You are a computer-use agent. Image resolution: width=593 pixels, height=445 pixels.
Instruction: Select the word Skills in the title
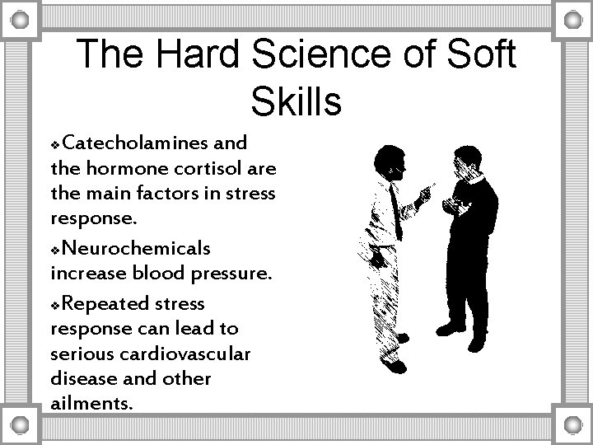click(296, 102)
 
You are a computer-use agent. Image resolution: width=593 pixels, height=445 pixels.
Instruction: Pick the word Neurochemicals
click(136, 248)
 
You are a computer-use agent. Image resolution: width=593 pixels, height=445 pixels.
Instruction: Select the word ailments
click(90, 405)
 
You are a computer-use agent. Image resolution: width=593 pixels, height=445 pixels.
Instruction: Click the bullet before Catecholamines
click(55, 144)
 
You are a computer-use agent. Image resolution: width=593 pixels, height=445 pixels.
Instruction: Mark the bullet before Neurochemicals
click(55, 250)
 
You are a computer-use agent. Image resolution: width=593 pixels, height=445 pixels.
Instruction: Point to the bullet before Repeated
click(55, 304)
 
